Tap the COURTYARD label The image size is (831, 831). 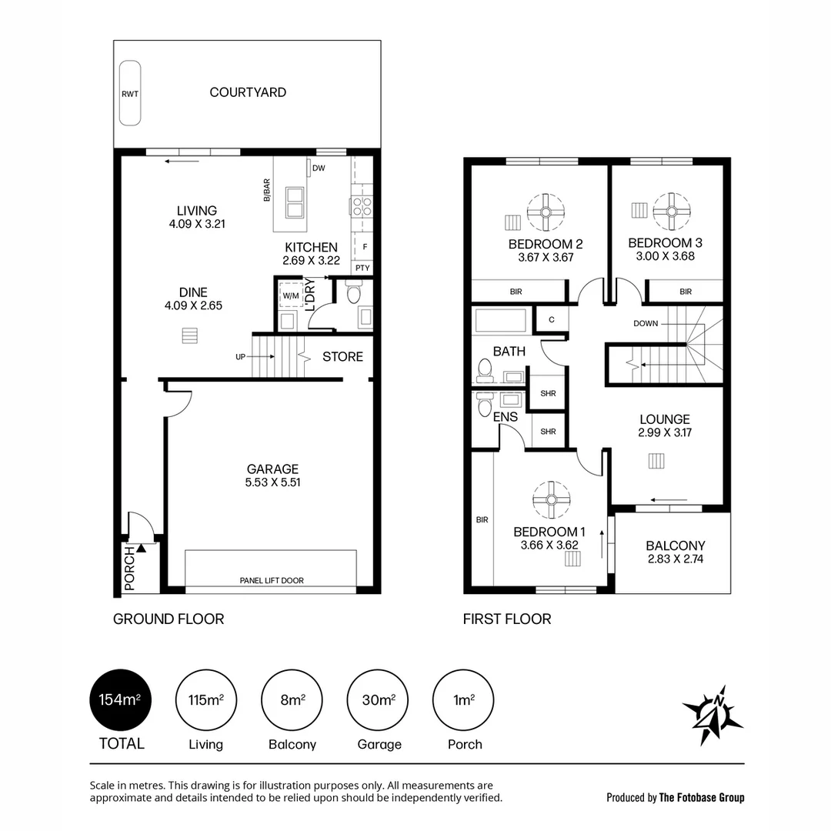pyautogui.click(x=248, y=92)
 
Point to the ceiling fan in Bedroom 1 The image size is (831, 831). pyautogui.click(x=551, y=500)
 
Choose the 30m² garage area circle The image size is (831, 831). pyautogui.click(x=379, y=700)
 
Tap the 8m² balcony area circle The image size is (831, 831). pyautogui.click(x=292, y=700)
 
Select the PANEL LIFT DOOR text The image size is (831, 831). pyautogui.click(x=271, y=580)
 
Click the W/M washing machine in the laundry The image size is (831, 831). pyautogui.click(x=291, y=296)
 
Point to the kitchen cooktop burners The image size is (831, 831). pyautogui.click(x=362, y=206)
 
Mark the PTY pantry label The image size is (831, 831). pyautogui.click(x=362, y=269)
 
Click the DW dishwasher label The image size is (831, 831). pyautogui.click(x=319, y=169)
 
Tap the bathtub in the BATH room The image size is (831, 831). pyautogui.click(x=500, y=321)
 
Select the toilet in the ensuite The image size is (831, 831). pyautogui.click(x=483, y=405)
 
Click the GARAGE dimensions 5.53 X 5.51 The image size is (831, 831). pyautogui.click(x=272, y=482)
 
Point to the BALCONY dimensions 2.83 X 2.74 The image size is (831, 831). pyautogui.click(x=676, y=559)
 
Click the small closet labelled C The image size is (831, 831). pyautogui.click(x=552, y=319)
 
